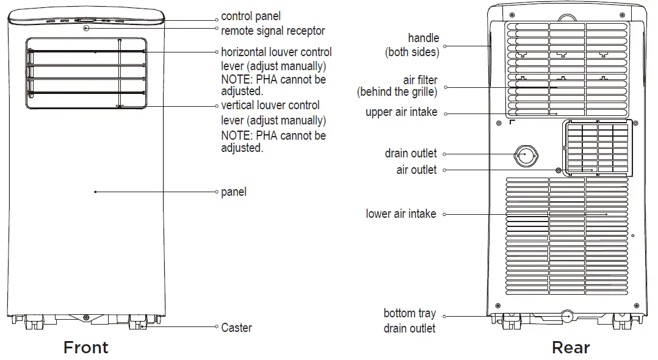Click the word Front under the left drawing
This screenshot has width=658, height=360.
pyautogui.click(x=86, y=348)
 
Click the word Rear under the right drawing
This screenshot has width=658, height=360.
pyautogui.click(x=570, y=348)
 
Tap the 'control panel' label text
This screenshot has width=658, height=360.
pyautogui.click(x=251, y=16)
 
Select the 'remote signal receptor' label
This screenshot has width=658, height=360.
pyautogui.click(x=273, y=31)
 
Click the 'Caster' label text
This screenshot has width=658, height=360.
pyautogui.click(x=236, y=328)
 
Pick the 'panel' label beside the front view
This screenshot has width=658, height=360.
pyautogui.click(x=234, y=192)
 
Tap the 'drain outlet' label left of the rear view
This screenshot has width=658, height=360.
pyautogui.click(x=411, y=154)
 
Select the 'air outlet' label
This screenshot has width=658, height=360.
pyautogui.click(x=416, y=170)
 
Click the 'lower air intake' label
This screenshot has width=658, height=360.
pyautogui.click(x=401, y=214)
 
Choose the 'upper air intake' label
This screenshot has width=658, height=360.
pyautogui.click(x=401, y=112)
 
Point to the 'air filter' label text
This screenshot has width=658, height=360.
pyautogui.click(x=420, y=80)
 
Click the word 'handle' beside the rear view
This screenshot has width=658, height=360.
pyautogui.click(x=423, y=38)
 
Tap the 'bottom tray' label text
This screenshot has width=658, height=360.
pyautogui.click(x=410, y=314)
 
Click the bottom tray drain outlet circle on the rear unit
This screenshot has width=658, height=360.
pyautogui.click(x=567, y=316)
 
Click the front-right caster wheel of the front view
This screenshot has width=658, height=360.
pyautogui.click(x=138, y=323)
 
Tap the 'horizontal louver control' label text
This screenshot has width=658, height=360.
pyautogui.click(x=276, y=52)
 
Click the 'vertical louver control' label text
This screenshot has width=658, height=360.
pyautogui.click(x=270, y=106)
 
